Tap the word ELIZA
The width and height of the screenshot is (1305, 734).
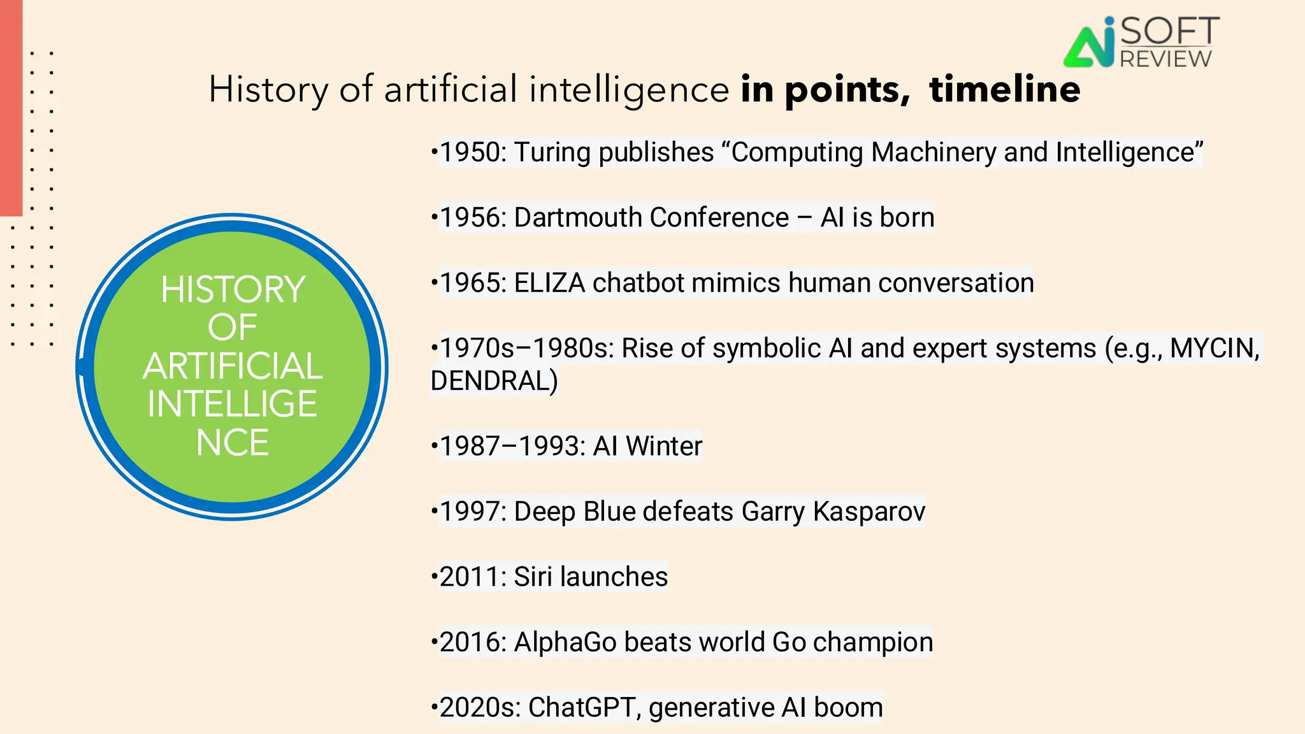click(549, 284)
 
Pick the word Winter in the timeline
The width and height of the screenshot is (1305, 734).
click(663, 446)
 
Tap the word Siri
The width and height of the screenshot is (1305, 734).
click(533, 577)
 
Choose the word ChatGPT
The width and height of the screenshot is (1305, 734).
click(584, 708)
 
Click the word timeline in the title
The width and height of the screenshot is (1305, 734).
click(1005, 89)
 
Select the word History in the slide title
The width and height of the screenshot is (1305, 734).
click(268, 90)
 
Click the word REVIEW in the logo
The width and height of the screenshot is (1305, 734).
click(1165, 59)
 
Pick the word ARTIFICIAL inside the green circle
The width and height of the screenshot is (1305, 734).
click(233, 366)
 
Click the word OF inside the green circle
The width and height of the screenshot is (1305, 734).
click(233, 327)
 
